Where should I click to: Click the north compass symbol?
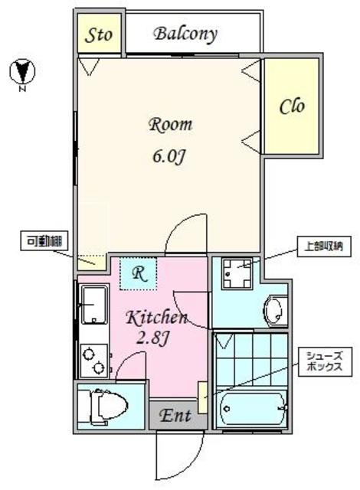point(22,73)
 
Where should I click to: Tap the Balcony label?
point(185,34)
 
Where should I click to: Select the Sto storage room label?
point(99,34)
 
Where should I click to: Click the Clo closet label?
point(292,106)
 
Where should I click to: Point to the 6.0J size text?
point(169,156)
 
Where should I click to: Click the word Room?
point(170,124)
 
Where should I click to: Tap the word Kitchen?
point(157,318)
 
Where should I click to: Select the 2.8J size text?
point(153,338)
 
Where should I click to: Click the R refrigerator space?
point(138,273)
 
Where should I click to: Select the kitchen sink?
point(94,305)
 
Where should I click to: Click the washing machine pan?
point(237,273)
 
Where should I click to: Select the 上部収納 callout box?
point(323,247)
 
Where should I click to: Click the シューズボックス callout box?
point(325,362)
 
